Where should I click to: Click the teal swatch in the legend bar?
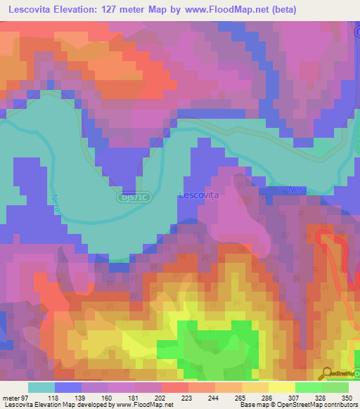point(41,387)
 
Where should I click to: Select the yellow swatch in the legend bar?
point(281,387)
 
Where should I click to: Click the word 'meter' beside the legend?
point(10,397)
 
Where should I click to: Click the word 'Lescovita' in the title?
point(30,10)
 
